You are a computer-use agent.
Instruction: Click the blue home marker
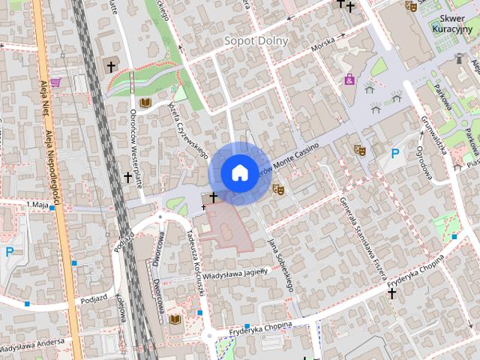click(x=239, y=172)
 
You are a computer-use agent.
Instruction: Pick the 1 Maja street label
click(x=37, y=204)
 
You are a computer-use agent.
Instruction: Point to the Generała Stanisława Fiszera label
click(x=358, y=234)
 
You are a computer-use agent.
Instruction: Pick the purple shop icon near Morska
click(x=349, y=78)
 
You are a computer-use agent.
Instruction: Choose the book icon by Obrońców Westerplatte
click(x=145, y=103)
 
